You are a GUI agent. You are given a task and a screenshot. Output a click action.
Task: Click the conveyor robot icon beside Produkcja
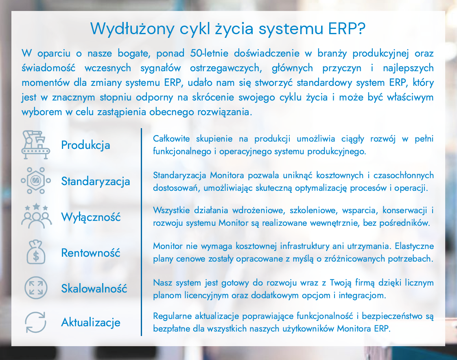click(x=35, y=145)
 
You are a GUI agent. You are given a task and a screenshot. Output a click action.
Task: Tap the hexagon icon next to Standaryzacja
click(x=35, y=181)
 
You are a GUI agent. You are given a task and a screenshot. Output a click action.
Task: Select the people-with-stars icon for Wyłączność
click(x=37, y=216)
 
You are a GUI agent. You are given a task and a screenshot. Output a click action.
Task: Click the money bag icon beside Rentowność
click(x=35, y=252)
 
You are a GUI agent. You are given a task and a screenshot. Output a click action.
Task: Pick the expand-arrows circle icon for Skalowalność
click(x=36, y=288)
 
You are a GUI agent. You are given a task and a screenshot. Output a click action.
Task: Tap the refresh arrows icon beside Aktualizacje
click(x=35, y=322)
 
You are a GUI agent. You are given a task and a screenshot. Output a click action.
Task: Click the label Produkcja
click(x=86, y=145)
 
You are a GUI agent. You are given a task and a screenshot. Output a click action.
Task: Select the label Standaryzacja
click(x=96, y=181)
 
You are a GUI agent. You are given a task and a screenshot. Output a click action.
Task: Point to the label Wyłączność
click(x=91, y=217)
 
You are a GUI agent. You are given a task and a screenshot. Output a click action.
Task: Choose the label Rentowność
click(x=91, y=253)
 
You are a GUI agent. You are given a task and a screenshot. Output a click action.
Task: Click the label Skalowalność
click(x=94, y=288)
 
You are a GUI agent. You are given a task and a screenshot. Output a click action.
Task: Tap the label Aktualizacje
click(x=91, y=322)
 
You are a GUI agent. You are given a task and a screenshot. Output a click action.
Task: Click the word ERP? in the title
click(x=347, y=28)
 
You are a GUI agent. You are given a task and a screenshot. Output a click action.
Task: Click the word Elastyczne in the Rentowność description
click(x=414, y=246)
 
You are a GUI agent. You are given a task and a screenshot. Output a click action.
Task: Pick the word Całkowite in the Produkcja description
click(x=171, y=139)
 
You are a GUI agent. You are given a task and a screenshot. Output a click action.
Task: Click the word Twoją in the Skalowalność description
click(x=339, y=283)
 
